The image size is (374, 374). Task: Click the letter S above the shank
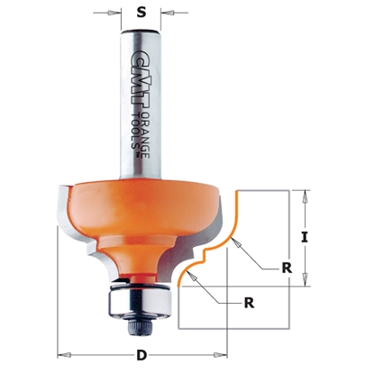click(140, 13)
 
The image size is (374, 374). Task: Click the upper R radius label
click(287, 268)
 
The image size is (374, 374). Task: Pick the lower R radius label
click(249, 304)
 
